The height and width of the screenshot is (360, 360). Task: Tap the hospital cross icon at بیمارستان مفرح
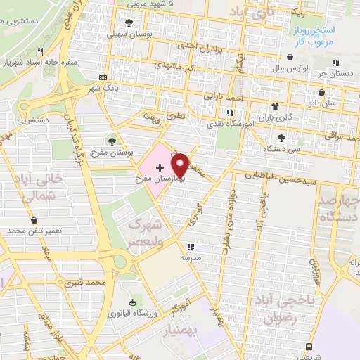point(160,167)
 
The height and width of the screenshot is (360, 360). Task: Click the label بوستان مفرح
point(113,152)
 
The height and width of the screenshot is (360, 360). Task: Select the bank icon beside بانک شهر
point(103,77)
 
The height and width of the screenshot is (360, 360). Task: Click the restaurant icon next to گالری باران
point(229,112)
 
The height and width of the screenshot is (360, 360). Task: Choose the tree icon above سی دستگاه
point(282,138)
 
